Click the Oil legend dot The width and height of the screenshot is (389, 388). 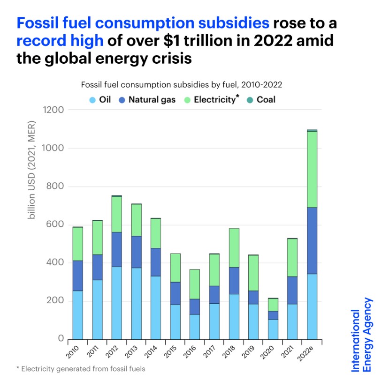[92, 100]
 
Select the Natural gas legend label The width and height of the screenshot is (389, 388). [152, 100]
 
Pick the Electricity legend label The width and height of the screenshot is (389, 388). [215, 100]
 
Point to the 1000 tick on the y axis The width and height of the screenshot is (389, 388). [53, 148]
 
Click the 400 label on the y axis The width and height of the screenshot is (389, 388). [55, 262]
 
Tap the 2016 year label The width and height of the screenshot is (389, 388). [190, 352]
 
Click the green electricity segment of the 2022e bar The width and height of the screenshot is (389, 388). [312, 169]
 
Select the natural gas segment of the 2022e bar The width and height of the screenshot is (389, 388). [312, 240]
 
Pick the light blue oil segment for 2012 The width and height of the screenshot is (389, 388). [116, 303]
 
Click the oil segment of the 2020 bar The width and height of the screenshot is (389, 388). [273, 329]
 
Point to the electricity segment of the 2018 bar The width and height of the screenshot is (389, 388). [234, 248]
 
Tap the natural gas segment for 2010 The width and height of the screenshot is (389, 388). [77, 276]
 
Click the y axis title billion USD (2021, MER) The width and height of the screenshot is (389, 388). [31, 170]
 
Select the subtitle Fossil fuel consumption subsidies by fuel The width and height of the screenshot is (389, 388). [181, 85]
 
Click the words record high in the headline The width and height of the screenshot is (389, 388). [60, 40]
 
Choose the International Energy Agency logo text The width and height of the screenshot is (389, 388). [361, 335]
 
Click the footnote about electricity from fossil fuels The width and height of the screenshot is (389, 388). [81, 369]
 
